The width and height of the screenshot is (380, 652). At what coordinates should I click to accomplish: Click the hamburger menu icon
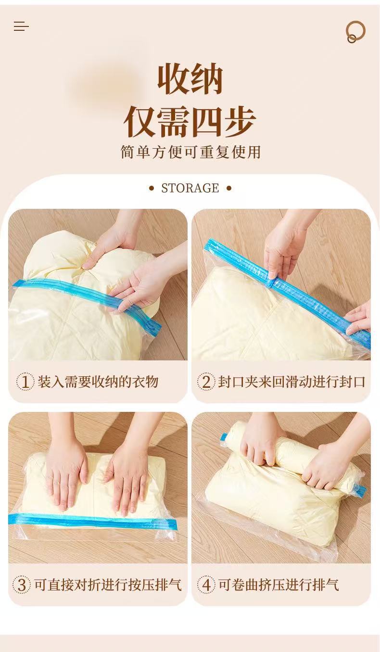point(21,26)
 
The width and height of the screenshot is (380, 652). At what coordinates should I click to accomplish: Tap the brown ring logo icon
point(355,31)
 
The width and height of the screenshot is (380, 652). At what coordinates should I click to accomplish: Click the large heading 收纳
point(190,79)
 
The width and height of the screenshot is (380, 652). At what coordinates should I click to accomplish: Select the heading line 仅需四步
point(190,122)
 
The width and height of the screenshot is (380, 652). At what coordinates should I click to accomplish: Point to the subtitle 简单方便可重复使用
point(190,152)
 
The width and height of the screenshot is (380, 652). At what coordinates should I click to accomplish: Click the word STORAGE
point(190,188)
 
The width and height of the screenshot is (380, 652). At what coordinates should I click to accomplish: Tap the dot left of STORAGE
point(152,188)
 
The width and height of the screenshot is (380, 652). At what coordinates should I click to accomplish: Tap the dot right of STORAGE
point(229,188)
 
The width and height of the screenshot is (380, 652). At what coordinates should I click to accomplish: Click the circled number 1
point(25,382)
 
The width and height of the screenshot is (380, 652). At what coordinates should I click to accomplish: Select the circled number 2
point(206,382)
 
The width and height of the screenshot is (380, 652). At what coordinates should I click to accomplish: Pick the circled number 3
point(22,585)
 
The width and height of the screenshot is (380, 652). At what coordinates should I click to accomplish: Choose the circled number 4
point(206,585)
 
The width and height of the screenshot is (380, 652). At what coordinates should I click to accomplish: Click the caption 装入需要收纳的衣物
point(98,382)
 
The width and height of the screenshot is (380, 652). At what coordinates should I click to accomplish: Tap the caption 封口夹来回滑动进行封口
point(291,382)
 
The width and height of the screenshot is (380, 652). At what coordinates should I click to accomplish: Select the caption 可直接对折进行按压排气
point(108,585)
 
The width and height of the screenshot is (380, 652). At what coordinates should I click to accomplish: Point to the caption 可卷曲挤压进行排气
point(279,585)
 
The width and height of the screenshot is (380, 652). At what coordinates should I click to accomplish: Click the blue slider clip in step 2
point(271,282)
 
